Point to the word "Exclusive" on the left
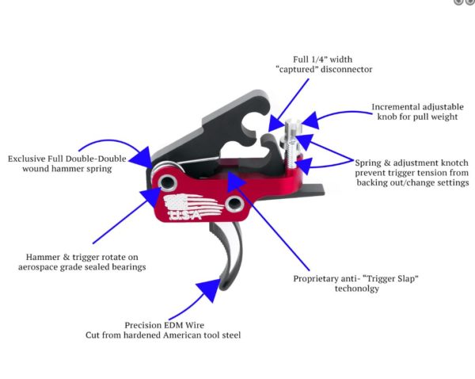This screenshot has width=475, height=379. pos(32,159)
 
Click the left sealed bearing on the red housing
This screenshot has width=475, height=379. pos(168,183)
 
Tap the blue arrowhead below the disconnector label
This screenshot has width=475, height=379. pos(276,123)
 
